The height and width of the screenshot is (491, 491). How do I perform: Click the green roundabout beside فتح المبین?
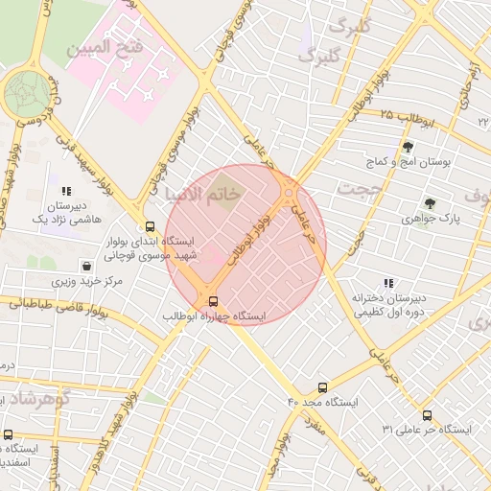[x=25, y=94]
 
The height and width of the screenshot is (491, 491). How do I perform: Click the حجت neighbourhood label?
[x=365, y=191]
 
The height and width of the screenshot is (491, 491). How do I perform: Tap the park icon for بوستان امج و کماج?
[x=409, y=147]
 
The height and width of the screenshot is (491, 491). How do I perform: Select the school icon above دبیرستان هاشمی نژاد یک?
[x=66, y=192]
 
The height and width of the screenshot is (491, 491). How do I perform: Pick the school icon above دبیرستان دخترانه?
[x=388, y=283]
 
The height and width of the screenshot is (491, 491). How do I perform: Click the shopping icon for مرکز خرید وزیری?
[x=87, y=266]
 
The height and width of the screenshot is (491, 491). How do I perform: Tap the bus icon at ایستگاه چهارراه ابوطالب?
[x=213, y=300]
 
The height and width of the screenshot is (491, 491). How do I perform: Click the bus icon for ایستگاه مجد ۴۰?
[x=321, y=387]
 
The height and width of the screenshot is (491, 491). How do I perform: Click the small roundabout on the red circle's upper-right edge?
[x=289, y=190]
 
